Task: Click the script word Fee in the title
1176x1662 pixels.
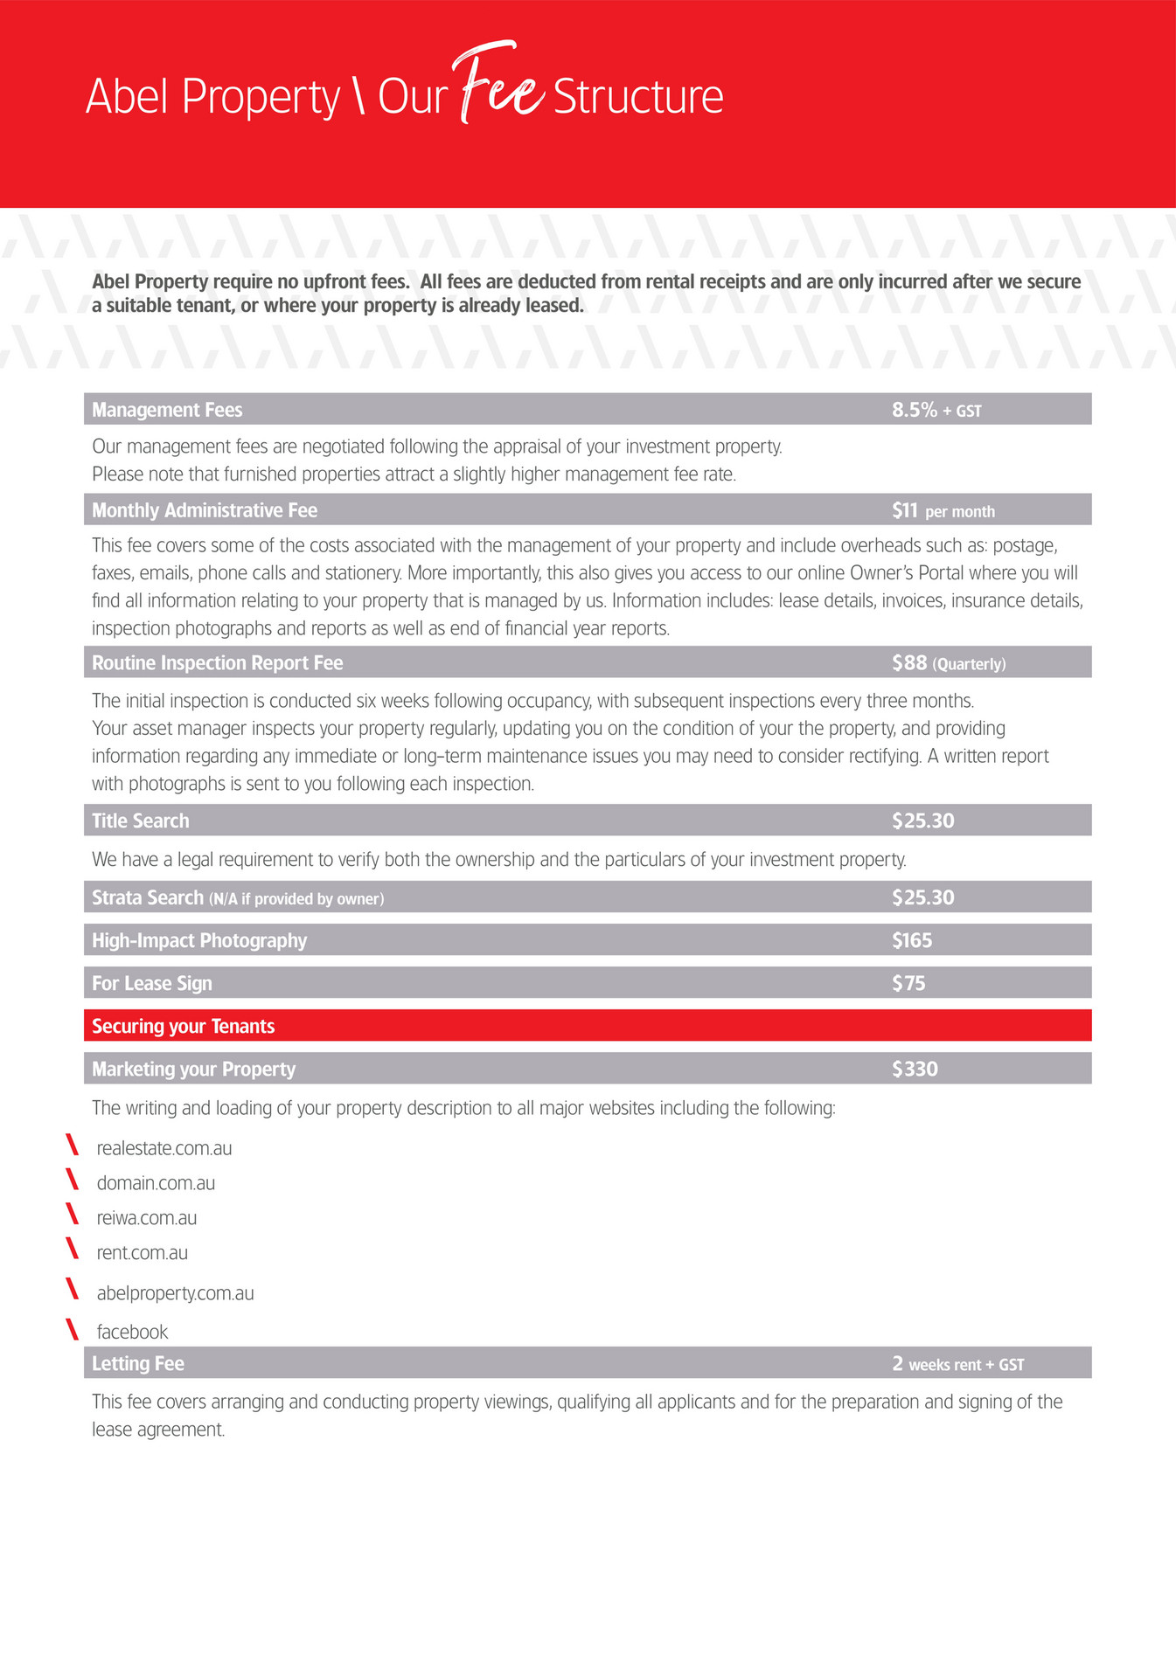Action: [498, 87]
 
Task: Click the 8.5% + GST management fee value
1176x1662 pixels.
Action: [936, 410]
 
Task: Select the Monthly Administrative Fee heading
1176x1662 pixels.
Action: [205, 510]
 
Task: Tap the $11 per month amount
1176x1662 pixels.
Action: [943, 511]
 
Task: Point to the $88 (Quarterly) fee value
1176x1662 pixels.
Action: [948, 663]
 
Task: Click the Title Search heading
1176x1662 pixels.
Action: [141, 821]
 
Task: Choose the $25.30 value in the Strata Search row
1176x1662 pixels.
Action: [922, 897]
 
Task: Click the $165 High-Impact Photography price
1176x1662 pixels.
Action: [912, 940]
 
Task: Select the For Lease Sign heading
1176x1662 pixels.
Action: [152, 983]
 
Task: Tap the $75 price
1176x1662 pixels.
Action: [908, 983]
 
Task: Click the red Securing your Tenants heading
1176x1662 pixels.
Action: [184, 1026]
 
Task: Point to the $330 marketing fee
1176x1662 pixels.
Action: [915, 1069]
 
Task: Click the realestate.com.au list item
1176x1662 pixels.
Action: [164, 1148]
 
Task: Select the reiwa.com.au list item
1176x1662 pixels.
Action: [147, 1218]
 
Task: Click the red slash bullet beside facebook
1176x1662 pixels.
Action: [72, 1330]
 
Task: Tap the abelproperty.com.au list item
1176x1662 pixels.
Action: [175, 1293]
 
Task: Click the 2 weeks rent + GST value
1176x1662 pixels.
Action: [957, 1364]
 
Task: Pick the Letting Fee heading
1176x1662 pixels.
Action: [138, 1363]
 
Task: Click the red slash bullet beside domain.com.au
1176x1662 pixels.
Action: [72, 1180]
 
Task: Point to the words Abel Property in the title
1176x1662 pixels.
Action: [212, 96]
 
